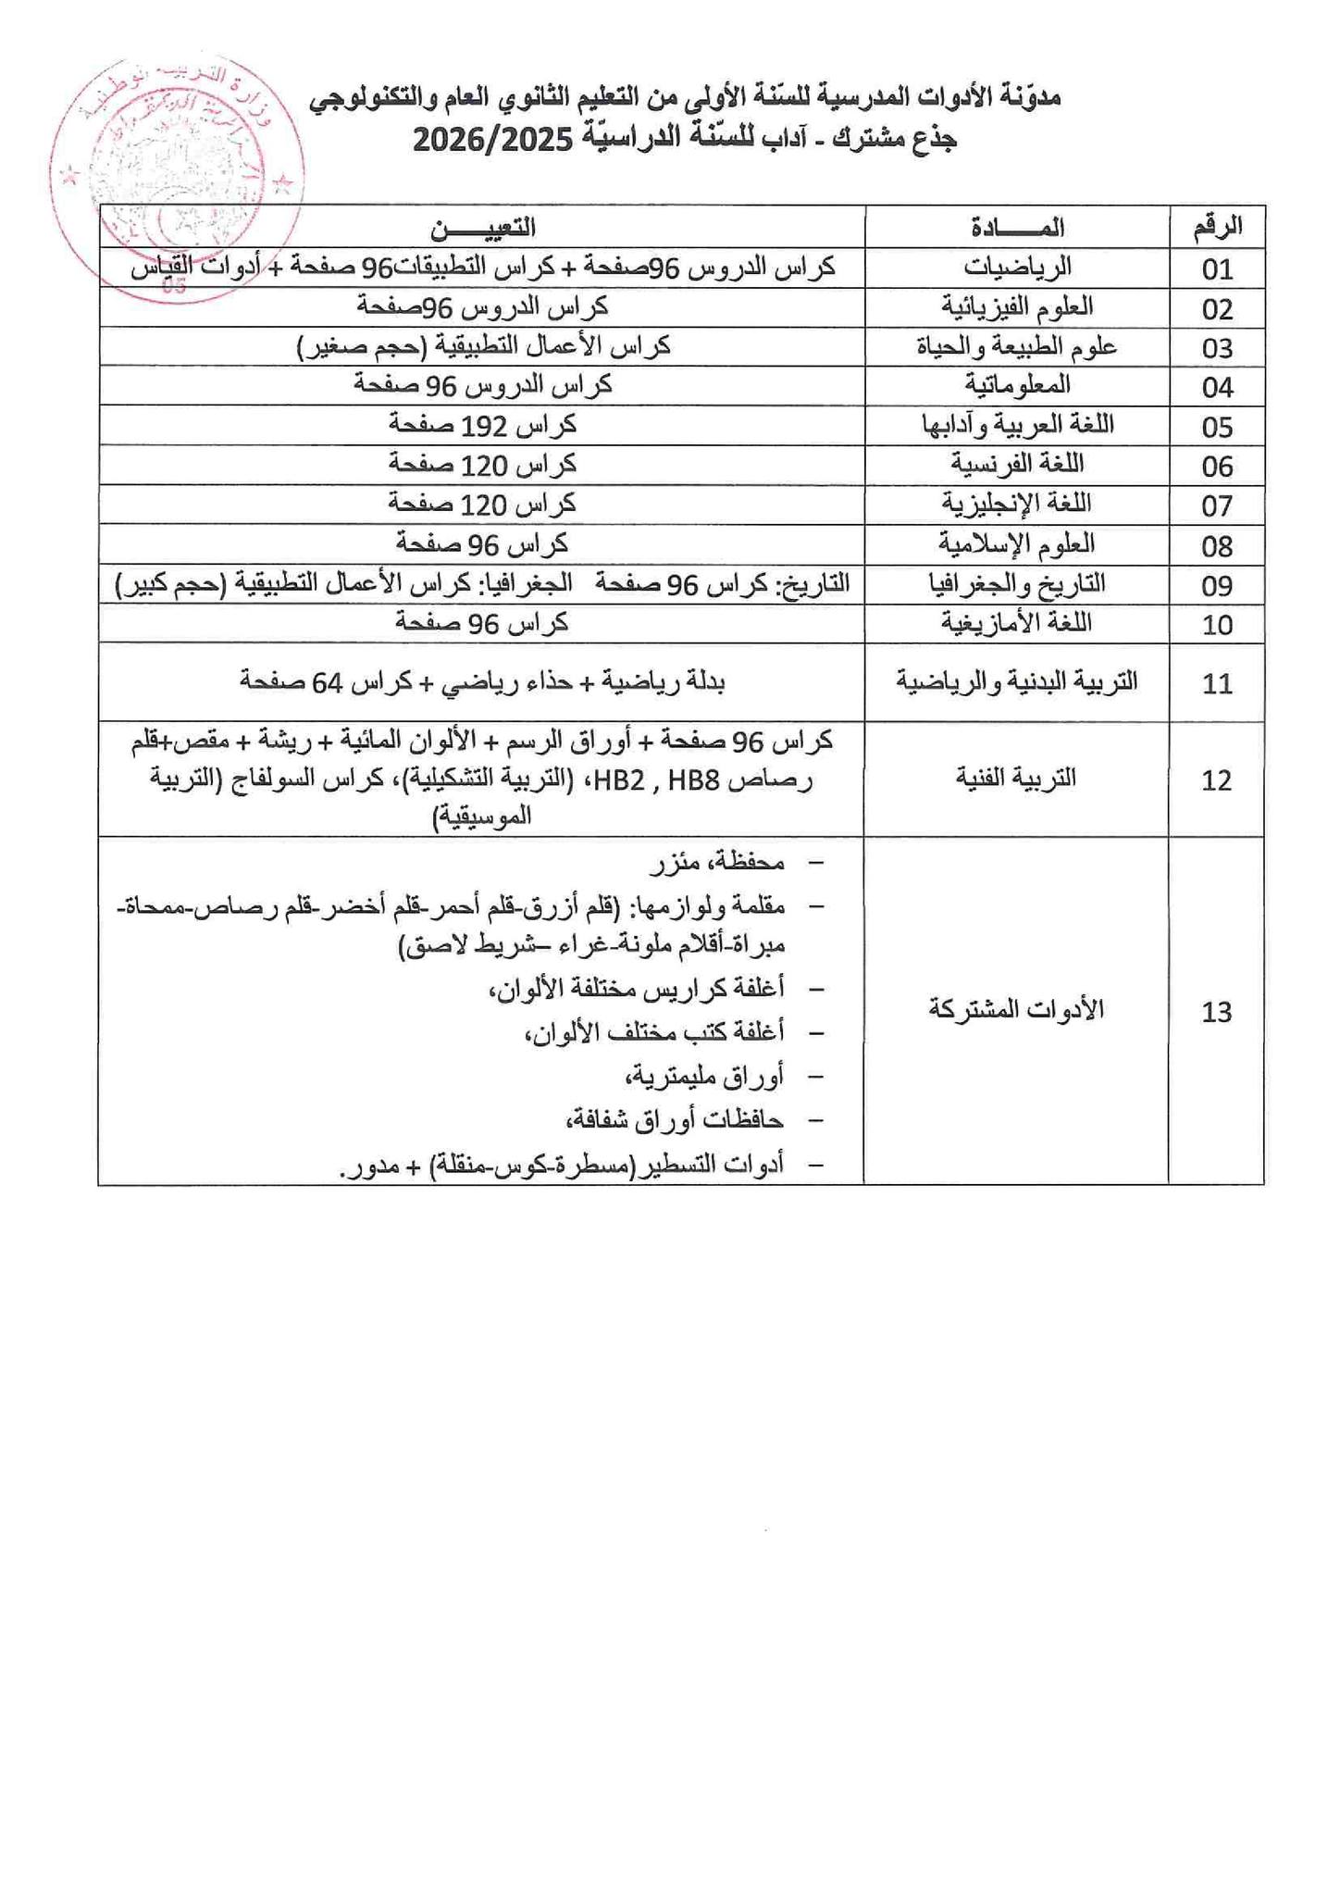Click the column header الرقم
[x=1217, y=226]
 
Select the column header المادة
[x=1017, y=226]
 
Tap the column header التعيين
[x=482, y=226]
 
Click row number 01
[x=1217, y=268]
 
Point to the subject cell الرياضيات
[x=1017, y=268]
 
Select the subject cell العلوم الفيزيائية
[x=1017, y=306]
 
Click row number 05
[x=1217, y=427]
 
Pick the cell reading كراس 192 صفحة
[x=482, y=425]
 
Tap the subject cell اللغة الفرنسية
[x=1017, y=464]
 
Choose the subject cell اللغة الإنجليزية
[x=1017, y=504]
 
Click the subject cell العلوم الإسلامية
[x=1017, y=543]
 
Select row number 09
[x=1217, y=585]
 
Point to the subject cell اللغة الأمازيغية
[x=1017, y=623]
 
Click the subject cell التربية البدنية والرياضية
[x=1017, y=682]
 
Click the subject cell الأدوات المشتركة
[x=1017, y=1009]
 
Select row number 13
[x=1217, y=1012]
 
